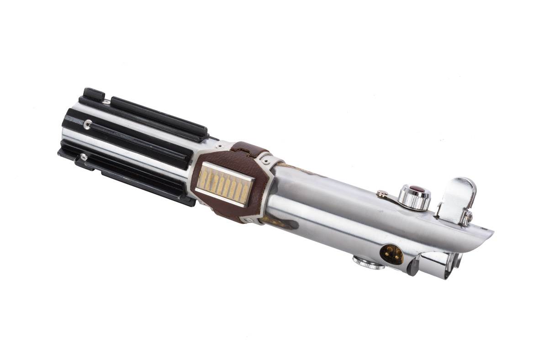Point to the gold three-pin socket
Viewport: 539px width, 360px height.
click(x=391, y=254)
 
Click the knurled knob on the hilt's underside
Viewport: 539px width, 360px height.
click(x=368, y=262)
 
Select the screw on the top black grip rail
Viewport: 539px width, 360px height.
click(x=106, y=101)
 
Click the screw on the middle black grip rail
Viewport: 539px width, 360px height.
click(x=87, y=123)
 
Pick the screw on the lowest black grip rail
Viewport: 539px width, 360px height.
click(x=83, y=157)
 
